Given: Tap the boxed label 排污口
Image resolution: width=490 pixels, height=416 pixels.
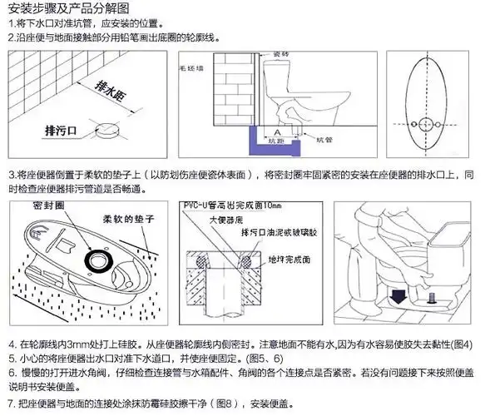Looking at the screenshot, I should pos(63,130).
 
